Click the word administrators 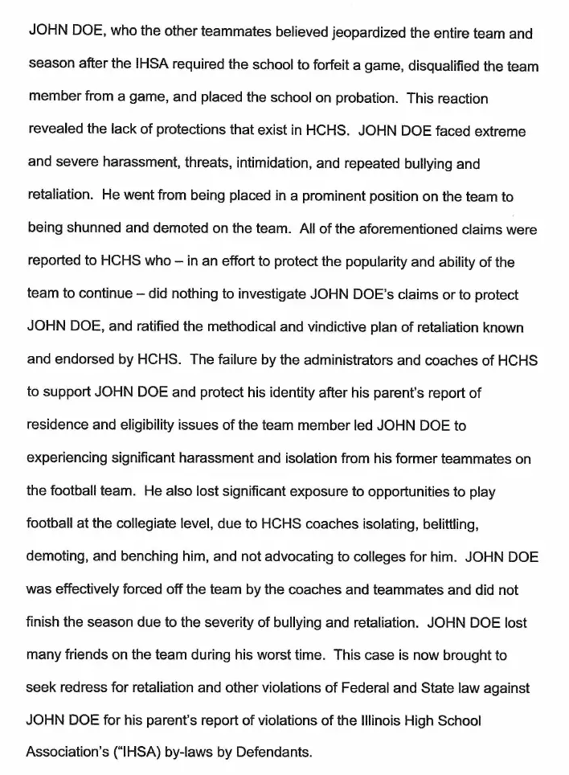tap(306, 359)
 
